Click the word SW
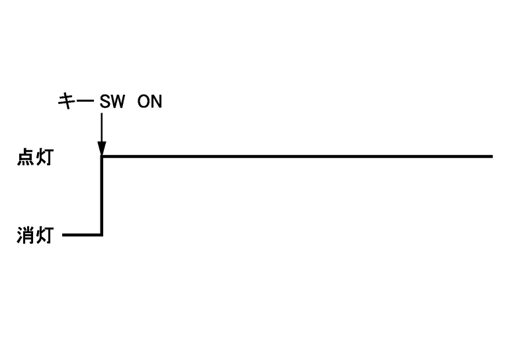tap(112, 102)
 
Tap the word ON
tap(149, 102)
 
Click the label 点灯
tap(34, 159)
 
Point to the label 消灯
tap(34, 235)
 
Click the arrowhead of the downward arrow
tap(101, 150)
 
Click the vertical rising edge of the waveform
tap(102, 195)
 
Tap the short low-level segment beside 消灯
tap(81, 234)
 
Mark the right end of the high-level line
tap(491, 156)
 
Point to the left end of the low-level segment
tap(63, 234)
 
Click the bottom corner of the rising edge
tap(102, 234)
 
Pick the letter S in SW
tap(105, 102)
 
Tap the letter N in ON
tap(156, 102)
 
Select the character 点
tap(25, 159)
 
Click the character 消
tap(25, 235)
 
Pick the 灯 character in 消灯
tap(43, 235)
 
